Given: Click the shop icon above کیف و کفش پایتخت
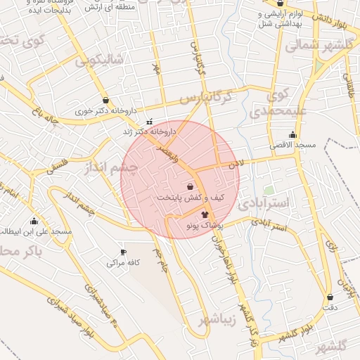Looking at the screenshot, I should click(x=191, y=186).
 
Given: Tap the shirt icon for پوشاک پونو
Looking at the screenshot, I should click(x=205, y=214).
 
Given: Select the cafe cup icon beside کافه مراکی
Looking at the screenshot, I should click(x=123, y=252).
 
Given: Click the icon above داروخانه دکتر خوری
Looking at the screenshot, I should click(x=105, y=100).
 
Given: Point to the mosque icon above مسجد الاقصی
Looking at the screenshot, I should click(x=292, y=134).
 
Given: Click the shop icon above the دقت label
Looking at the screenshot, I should click(x=330, y=297).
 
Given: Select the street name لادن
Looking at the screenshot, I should click(x=235, y=162).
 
